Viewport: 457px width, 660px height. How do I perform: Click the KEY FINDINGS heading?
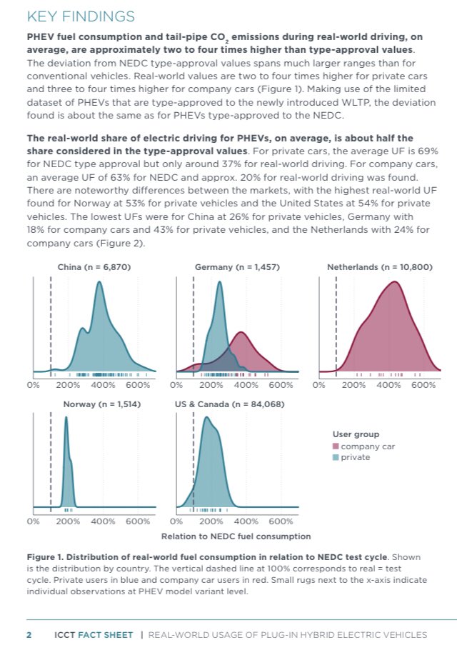(x=81, y=16)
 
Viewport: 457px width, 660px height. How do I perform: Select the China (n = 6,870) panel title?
(x=94, y=267)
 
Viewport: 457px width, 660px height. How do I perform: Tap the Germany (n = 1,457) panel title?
(x=236, y=267)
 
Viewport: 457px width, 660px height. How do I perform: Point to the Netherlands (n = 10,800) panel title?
(x=379, y=267)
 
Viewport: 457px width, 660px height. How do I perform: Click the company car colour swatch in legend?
(x=336, y=446)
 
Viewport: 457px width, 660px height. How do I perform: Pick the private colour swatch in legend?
(x=336, y=457)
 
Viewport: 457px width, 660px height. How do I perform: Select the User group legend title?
(x=356, y=434)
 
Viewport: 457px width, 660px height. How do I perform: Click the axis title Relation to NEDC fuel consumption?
(x=236, y=536)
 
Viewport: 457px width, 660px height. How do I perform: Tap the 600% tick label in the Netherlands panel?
(x=423, y=385)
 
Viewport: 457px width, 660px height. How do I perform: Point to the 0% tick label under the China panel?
(x=33, y=385)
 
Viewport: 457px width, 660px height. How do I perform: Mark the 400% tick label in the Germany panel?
(x=246, y=385)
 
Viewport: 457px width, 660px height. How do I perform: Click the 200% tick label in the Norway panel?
(x=68, y=521)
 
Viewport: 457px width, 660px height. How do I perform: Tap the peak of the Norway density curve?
(x=66, y=418)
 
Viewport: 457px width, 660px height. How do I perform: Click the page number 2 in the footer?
(x=29, y=634)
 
